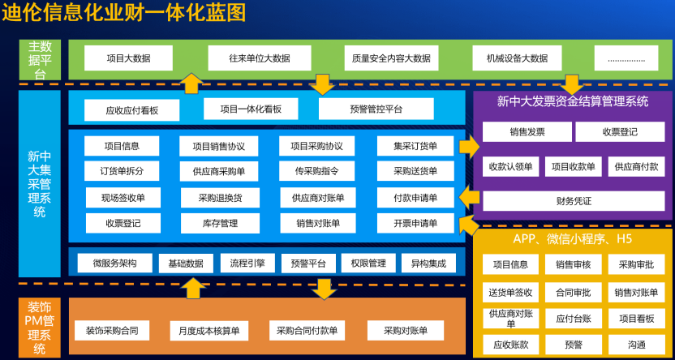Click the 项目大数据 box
click(128, 58)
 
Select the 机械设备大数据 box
click(517, 58)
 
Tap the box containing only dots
click(626, 58)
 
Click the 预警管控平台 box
click(376, 109)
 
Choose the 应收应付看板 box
click(132, 110)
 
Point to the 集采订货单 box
click(415, 146)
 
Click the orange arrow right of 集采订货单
click(469, 147)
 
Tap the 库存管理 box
click(220, 223)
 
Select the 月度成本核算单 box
click(209, 330)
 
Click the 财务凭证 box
click(574, 200)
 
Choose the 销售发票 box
click(527, 131)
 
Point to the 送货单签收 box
click(510, 292)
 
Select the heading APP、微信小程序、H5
click(573, 239)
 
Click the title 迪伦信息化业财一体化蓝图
click(123, 13)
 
